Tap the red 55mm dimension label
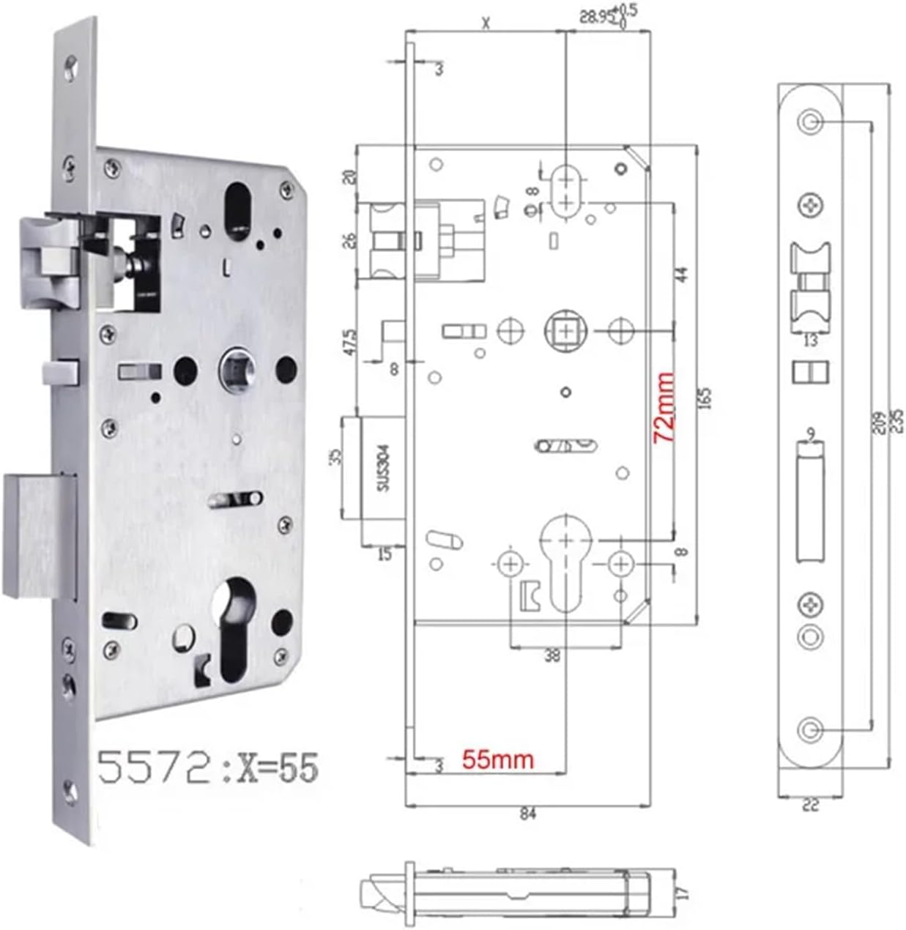(x=497, y=759)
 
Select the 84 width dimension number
(x=527, y=813)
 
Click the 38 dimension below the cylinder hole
(x=552, y=656)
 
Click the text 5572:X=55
(x=209, y=768)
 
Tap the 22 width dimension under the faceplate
(x=810, y=806)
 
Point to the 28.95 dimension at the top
(x=596, y=16)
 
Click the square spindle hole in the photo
(x=236, y=364)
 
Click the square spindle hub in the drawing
(x=565, y=332)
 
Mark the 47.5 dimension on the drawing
(x=351, y=341)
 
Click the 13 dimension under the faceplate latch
(x=810, y=341)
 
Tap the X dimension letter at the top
(x=486, y=23)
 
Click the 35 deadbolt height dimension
(x=335, y=458)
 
